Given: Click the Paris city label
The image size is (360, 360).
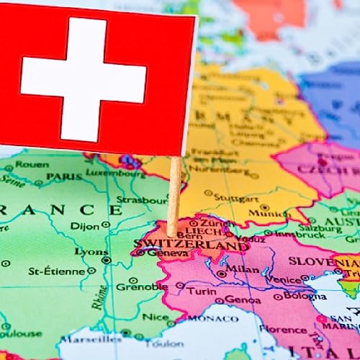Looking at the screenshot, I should (65, 176).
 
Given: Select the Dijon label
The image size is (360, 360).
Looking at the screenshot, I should (85, 226).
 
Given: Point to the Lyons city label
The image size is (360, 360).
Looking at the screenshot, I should (91, 252).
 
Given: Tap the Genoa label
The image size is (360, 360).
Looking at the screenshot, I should (243, 299).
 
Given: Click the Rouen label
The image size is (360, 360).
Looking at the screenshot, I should (32, 164).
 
